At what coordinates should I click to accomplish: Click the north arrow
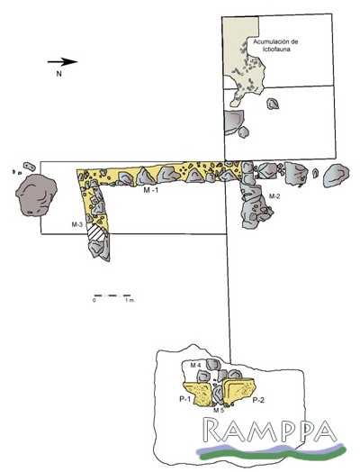[x=63, y=62]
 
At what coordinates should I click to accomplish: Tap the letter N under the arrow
[x=58, y=74]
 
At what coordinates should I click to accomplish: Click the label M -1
[x=150, y=190]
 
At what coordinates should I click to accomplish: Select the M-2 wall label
[x=274, y=196]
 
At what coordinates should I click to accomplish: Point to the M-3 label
[x=77, y=224]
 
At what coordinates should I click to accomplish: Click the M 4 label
[x=195, y=366]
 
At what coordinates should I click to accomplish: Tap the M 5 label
[x=219, y=410]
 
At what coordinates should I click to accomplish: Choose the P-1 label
[x=185, y=399]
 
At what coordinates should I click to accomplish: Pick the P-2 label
[x=258, y=400]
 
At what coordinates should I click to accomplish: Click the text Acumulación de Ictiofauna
[x=275, y=45]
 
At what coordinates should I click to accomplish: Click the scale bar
[x=112, y=295]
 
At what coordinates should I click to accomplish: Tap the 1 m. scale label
[x=130, y=301]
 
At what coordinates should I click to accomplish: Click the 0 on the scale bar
[x=94, y=301]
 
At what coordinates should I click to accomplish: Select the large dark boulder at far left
[x=36, y=195]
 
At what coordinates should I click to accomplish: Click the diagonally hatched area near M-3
[x=96, y=232]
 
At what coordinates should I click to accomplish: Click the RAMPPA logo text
[x=269, y=430]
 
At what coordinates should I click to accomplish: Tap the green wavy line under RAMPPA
[x=273, y=454]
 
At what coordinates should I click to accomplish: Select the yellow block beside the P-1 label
[x=197, y=394]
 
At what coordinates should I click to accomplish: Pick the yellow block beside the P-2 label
[x=239, y=391]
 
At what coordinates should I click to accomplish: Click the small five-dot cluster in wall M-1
[x=182, y=170]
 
